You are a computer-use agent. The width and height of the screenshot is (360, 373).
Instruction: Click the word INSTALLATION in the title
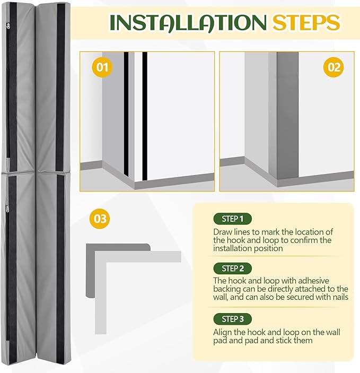188,23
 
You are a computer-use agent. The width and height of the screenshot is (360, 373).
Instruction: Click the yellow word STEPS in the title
306,23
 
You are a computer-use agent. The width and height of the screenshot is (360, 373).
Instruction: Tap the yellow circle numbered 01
102,67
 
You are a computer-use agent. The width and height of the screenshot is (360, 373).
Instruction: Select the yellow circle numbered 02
333,67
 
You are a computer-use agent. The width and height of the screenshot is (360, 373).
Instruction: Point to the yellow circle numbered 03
100,219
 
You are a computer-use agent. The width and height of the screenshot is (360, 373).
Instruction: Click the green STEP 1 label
233,219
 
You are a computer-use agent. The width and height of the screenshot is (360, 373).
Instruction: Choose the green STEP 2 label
233,268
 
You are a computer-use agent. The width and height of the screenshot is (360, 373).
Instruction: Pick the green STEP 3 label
233,319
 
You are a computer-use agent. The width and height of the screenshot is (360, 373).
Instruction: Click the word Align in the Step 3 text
222,332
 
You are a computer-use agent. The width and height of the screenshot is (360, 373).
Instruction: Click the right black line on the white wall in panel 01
145,116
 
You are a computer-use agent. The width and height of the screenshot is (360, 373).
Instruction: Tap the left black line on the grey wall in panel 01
126,115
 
